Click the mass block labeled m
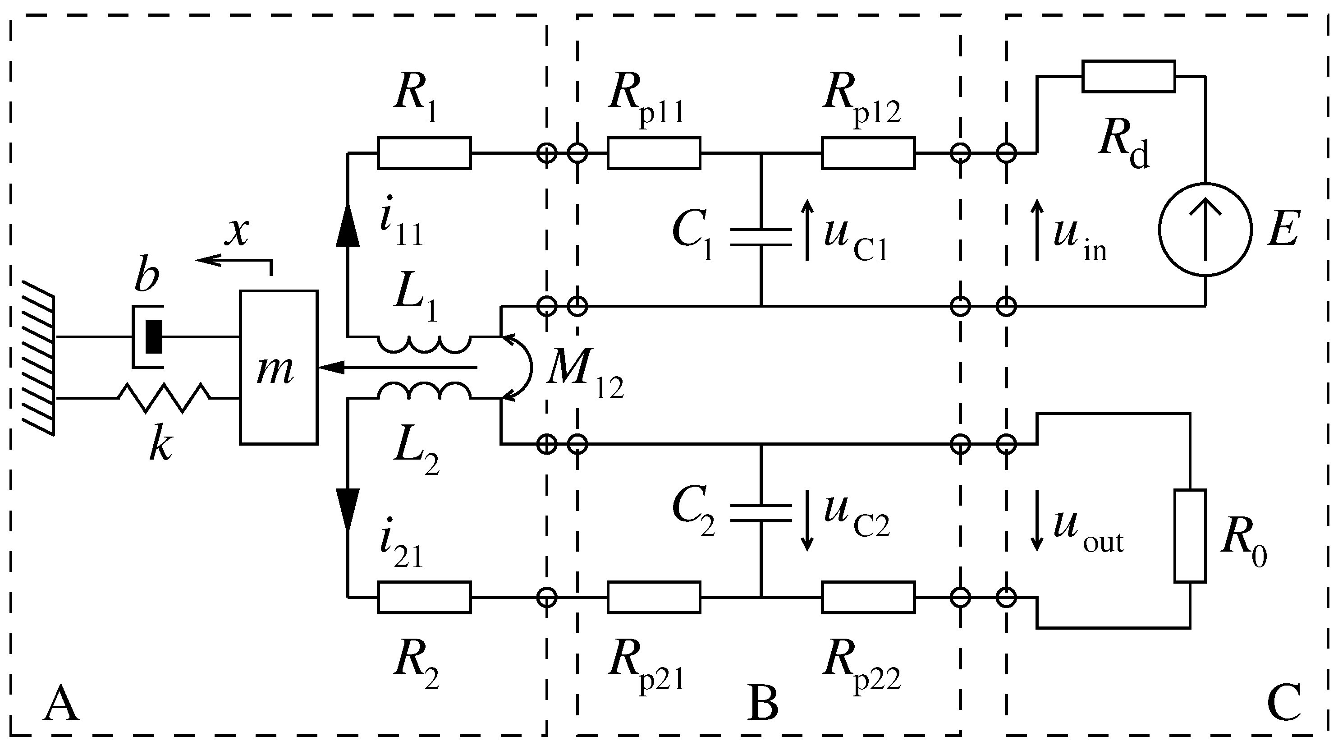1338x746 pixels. click(279, 367)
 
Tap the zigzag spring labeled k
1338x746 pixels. click(164, 398)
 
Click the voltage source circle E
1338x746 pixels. click(1205, 229)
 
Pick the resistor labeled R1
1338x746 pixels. click(424, 153)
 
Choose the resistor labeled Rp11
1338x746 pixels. click(653, 153)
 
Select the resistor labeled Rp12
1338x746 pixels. click(868, 153)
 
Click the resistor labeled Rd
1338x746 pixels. click(1128, 76)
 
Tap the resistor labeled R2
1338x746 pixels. click(424, 598)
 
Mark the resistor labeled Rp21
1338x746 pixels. click(653, 598)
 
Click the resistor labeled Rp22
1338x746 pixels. click(868, 598)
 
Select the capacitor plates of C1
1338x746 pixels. click(761, 237)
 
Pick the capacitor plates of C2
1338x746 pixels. click(761, 512)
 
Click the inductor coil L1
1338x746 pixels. click(424, 344)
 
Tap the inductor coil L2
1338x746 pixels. click(424, 391)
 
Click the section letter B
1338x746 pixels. click(762, 704)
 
